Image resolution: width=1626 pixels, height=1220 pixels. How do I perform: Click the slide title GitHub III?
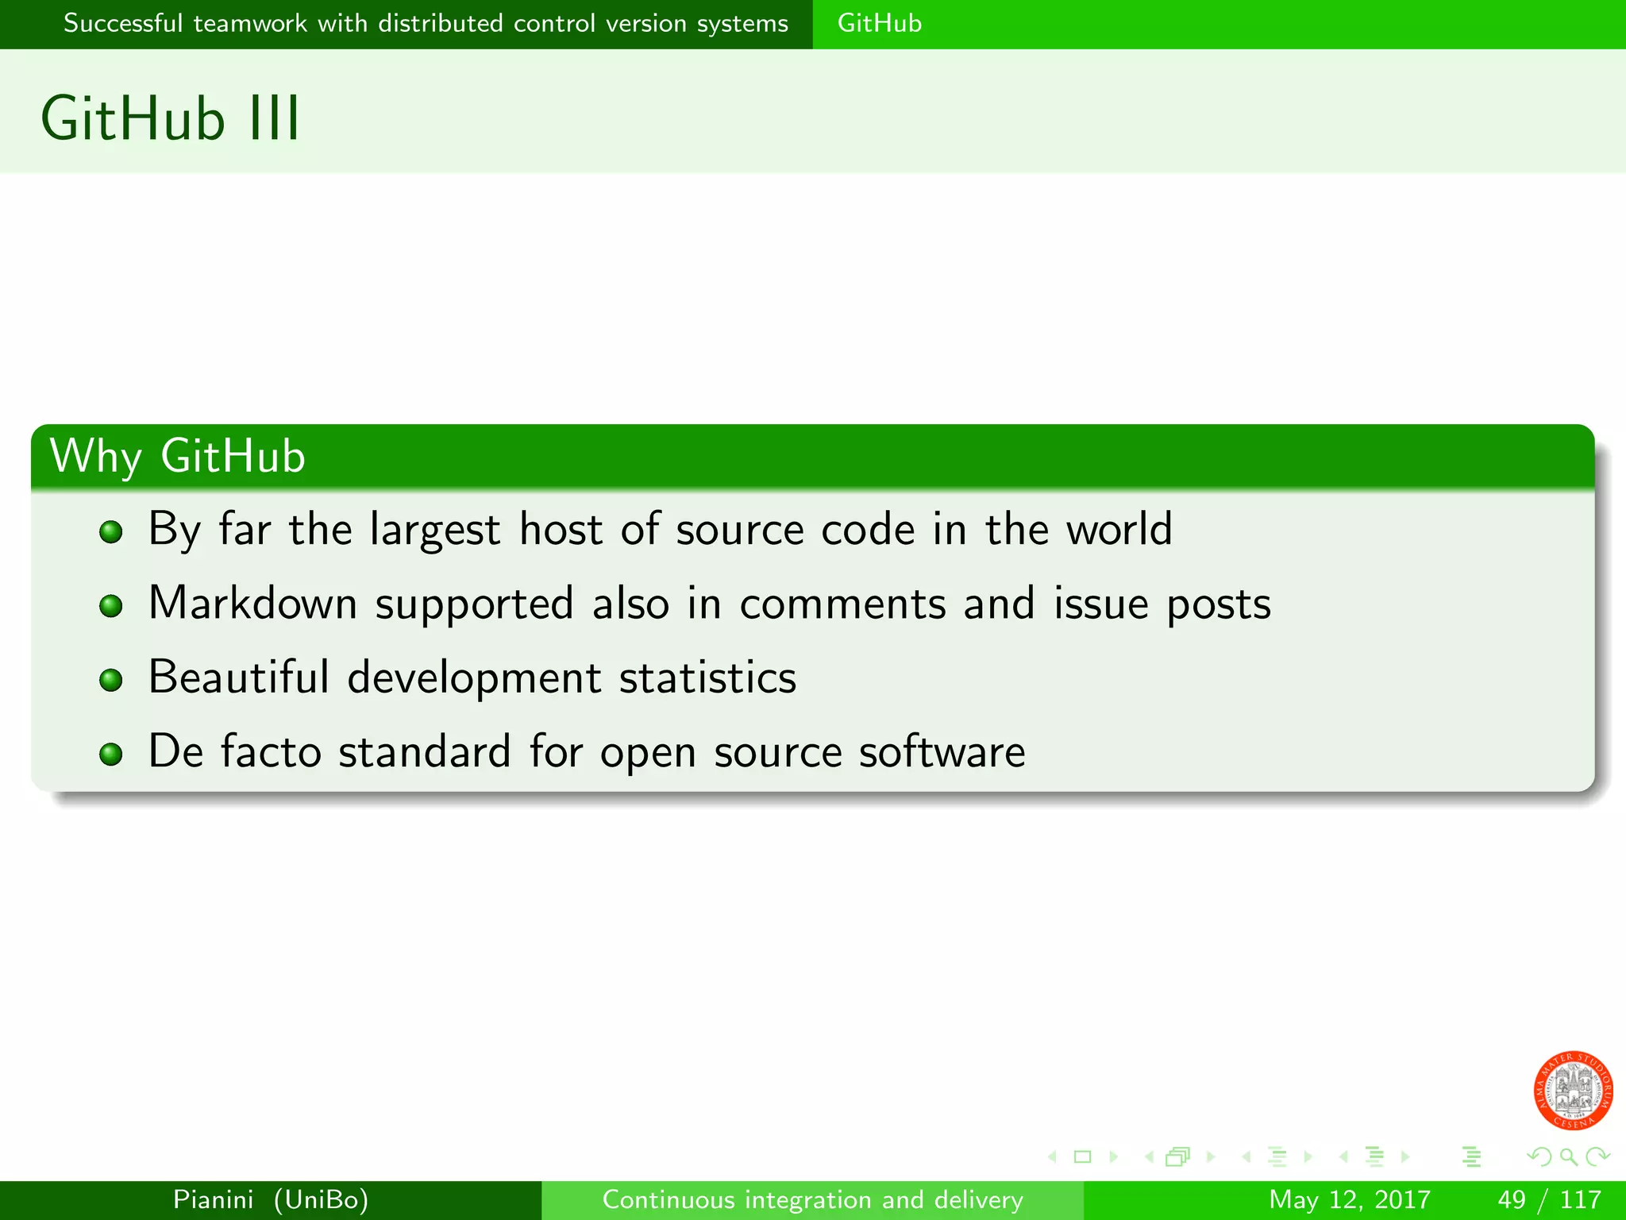[171, 119]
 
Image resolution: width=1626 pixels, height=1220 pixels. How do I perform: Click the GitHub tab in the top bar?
[879, 23]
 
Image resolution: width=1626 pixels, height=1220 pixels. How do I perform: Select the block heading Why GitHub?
[177, 456]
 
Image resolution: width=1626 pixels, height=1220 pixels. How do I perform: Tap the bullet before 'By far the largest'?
[111, 531]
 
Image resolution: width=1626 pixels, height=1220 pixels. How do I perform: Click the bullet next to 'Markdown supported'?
[111, 606]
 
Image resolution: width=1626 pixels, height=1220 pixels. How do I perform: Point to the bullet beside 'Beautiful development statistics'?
[111, 680]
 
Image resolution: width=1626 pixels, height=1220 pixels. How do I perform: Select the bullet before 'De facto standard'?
[111, 754]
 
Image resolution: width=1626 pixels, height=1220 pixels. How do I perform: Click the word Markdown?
[252, 603]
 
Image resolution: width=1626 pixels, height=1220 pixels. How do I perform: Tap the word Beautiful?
[238, 677]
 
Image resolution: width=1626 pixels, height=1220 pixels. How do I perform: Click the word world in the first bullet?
[1119, 529]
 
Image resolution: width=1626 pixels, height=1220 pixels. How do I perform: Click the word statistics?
[707, 678]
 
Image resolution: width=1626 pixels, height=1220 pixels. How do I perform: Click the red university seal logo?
[1573, 1090]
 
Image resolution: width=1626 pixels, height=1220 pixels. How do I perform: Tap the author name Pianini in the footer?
[213, 1199]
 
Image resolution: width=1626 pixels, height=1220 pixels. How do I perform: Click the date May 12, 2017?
[1349, 1199]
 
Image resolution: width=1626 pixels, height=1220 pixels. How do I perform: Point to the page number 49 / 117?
[1549, 1199]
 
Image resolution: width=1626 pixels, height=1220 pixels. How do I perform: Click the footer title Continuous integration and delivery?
[812, 1199]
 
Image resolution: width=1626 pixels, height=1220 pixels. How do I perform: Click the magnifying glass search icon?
[1568, 1156]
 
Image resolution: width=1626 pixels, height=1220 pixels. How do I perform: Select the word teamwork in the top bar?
[250, 23]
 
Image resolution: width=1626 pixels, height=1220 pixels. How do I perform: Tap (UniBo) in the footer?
[321, 1199]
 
